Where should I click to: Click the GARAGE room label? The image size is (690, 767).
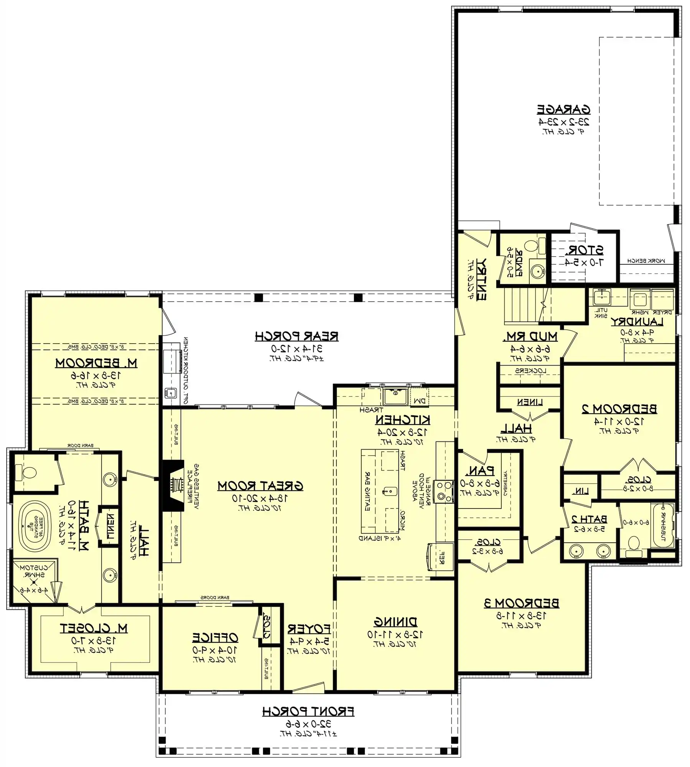pos(563,110)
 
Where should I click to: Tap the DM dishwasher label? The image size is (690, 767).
pos(420,401)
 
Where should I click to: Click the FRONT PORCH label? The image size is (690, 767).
pos(308,712)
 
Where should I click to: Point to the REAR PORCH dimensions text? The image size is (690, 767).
pos(297,349)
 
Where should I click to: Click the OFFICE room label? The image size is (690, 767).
pos(215,638)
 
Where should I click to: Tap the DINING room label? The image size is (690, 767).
pos(395,622)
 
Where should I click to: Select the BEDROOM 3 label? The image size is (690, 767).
pos(521,603)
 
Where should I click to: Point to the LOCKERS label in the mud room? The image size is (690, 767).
pos(530,371)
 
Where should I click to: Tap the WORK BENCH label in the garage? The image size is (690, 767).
pos(646,261)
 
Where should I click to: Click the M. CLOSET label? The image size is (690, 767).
pos(94,628)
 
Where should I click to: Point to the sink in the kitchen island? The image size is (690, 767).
pos(388,491)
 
